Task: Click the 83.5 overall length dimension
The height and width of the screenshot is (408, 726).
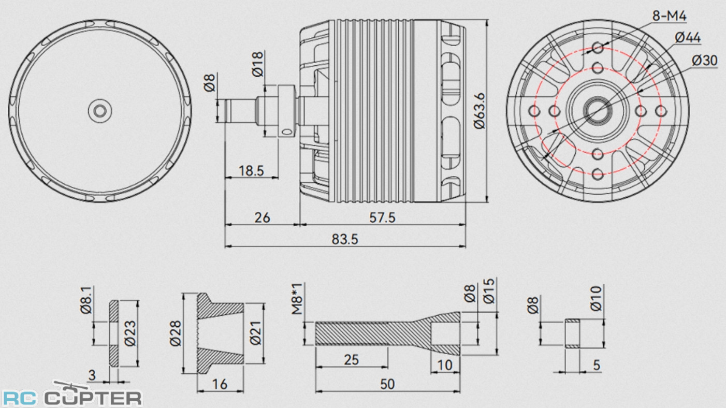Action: tap(344, 239)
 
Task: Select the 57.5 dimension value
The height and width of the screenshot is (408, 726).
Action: tap(382, 217)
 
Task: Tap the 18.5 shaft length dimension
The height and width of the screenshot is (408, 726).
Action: tap(251, 171)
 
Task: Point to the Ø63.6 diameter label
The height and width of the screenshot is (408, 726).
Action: tap(479, 110)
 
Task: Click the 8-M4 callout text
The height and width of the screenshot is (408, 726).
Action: tap(669, 17)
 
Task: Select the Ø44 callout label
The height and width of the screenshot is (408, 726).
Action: tap(688, 37)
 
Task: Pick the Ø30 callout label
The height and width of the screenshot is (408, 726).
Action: tap(704, 60)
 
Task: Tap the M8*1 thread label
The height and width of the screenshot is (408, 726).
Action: tap(296, 301)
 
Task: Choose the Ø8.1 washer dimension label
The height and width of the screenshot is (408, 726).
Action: tap(86, 300)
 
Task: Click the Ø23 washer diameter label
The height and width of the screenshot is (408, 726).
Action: tap(129, 333)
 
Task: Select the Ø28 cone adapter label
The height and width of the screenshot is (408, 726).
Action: tap(175, 333)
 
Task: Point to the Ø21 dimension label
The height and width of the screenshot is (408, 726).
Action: tap(255, 333)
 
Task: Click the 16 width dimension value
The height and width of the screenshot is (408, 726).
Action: tap(220, 384)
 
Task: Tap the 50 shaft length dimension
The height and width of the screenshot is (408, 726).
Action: tap(387, 384)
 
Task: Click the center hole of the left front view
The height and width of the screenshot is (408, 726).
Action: tap(99, 110)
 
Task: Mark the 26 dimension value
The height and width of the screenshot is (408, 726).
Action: tap(263, 217)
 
